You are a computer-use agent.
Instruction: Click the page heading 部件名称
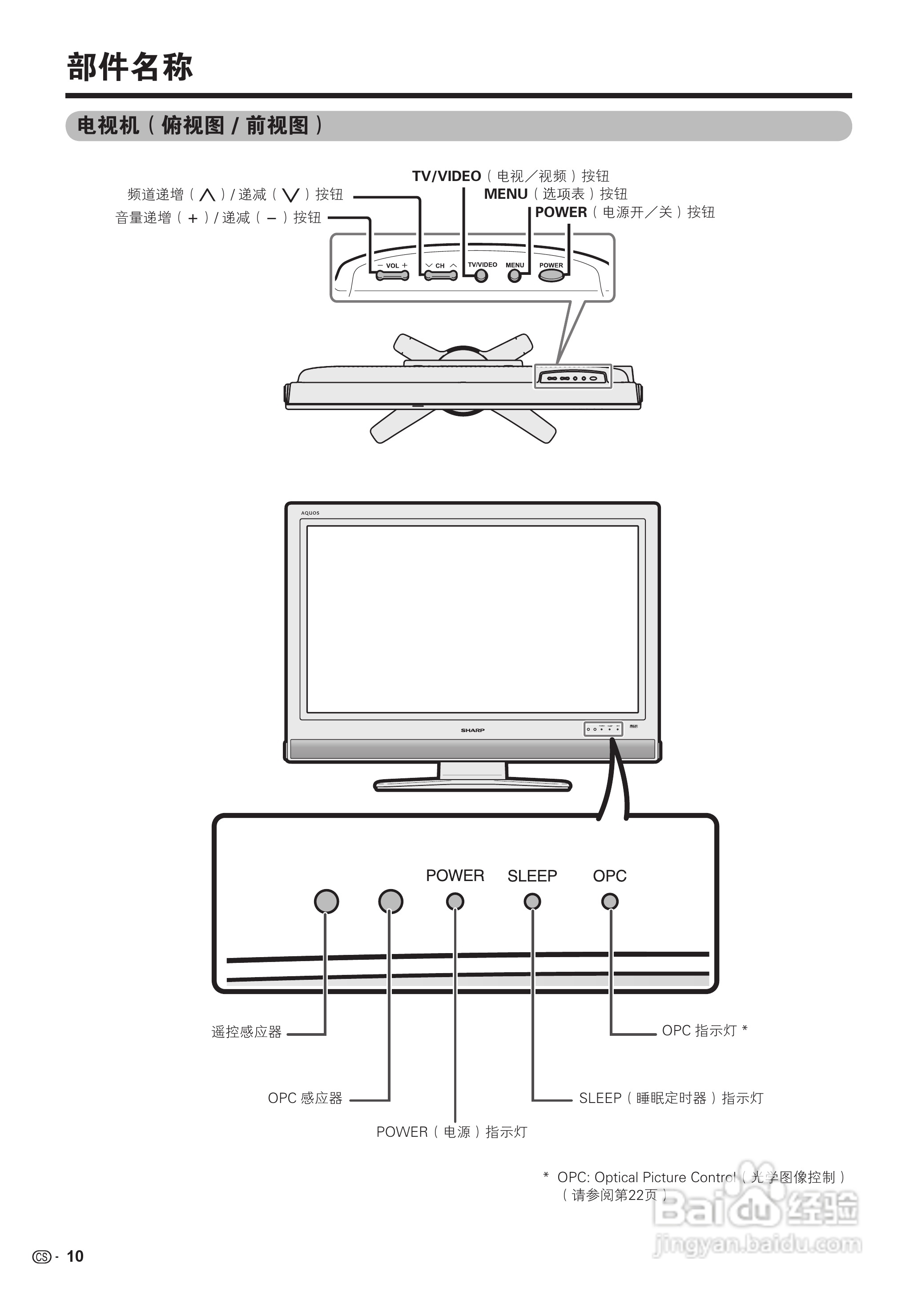[130, 67]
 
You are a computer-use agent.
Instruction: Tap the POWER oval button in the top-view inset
[551, 275]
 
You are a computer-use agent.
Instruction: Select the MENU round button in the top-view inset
[515, 276]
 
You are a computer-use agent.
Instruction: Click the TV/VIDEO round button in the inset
[481, 276]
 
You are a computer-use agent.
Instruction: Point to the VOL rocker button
[392, 275]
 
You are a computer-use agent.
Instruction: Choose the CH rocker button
[441, 275]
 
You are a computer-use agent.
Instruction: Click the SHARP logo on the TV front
[473, 730]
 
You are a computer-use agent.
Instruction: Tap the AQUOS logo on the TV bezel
[310, 513]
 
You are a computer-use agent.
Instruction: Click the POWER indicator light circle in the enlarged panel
[455, 901]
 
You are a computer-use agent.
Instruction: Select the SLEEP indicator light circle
[532, 901]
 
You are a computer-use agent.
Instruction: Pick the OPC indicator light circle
[610, 901]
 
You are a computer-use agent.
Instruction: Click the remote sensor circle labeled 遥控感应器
[326, 901]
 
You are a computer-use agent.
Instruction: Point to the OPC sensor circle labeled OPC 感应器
[391, 901]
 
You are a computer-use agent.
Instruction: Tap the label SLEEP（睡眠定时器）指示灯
[671, 1098]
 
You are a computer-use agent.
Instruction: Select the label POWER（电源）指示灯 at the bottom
[451, 1132]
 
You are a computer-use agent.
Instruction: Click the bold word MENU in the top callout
[505, 194]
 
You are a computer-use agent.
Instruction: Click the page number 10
[75, 1256]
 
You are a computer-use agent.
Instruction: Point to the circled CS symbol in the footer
[41, 1257]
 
